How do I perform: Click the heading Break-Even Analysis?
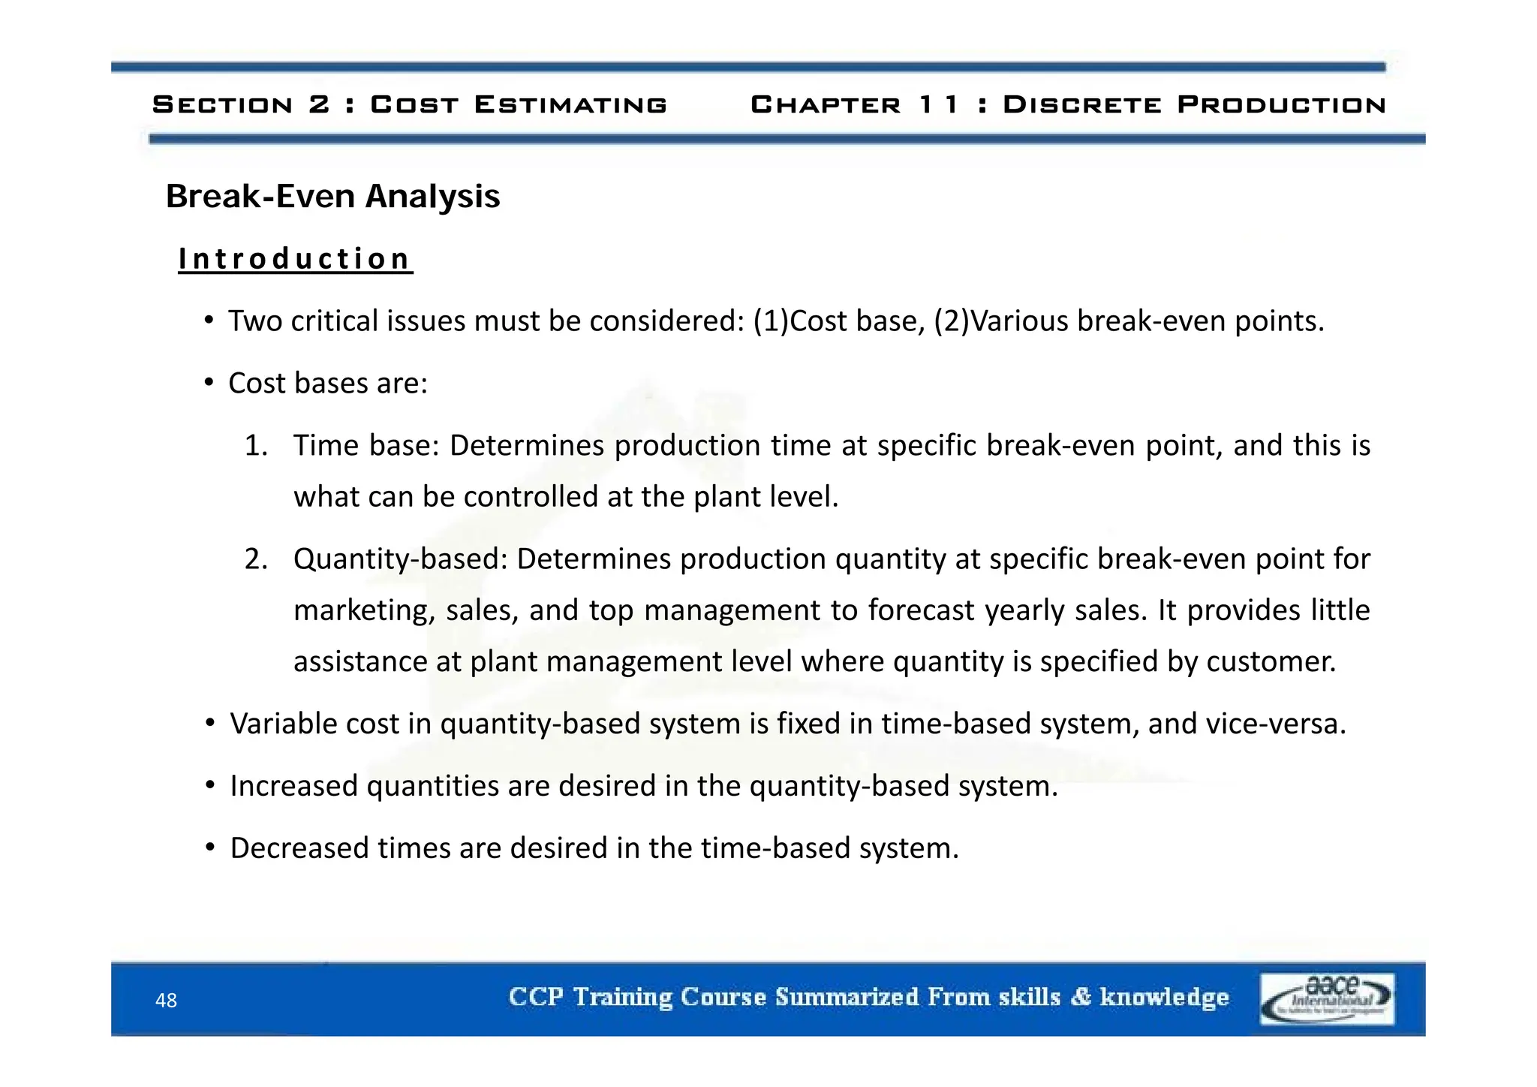tap(332, 197)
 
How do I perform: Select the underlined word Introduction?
tap(295, 259)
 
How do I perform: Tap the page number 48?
tap(166, 1000)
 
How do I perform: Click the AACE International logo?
tap(1327, 998)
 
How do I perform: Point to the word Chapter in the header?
tap(826, 104)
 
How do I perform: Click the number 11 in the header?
tap(939, 104)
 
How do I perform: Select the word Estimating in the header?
tap(570, 104)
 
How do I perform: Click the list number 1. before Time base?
tap(256, 446)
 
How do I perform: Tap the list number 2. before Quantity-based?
tap(256, 559)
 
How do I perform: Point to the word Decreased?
tap(299, 848)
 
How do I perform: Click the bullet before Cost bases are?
tap(209, 384)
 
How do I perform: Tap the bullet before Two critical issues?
tap(209, 321)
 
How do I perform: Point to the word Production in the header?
tap(1281, 104)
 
